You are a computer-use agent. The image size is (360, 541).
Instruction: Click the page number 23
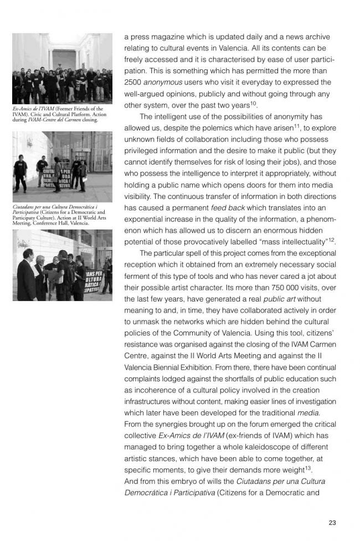click(x=332, y=523)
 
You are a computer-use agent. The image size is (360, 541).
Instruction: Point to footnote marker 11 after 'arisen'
click(x=297, y=125)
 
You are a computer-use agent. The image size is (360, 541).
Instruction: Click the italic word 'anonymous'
click(x=167, y=82)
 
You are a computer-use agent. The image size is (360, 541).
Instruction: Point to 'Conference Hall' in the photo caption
click(x=48, y=223)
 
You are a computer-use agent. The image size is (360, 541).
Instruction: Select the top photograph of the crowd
click(x=62, y=68)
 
